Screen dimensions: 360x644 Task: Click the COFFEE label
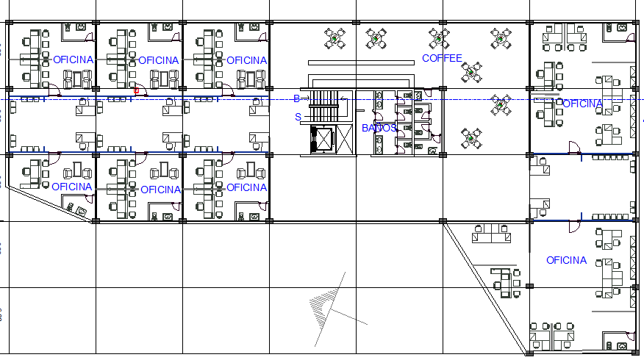(x=442, y=58)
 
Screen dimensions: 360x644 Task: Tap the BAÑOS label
(x=379, y=128)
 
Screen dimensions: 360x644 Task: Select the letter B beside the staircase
(x=296, y=98)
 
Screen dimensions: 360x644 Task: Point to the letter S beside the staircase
(x=298, y=117)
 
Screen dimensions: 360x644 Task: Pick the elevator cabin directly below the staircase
(x=321, y=139)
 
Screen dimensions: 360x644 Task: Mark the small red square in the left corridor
(x=137, y=91)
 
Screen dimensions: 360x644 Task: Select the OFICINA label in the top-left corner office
(x=73, y=60)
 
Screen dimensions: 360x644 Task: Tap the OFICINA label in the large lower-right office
(x=566, y=260)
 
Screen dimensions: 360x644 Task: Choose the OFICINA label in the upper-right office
(x=582, y=104)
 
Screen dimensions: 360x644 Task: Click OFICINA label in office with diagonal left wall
(x=72, y=187)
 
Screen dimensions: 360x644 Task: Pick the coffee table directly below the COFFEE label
(x=472, y=72)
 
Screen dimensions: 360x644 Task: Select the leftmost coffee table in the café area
(x=336, y=39)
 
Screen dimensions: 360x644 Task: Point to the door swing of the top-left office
(x=55, y=91)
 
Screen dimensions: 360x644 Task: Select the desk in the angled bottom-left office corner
(x=78, y=209)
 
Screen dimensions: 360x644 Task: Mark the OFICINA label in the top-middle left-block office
(x=158, y=60)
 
